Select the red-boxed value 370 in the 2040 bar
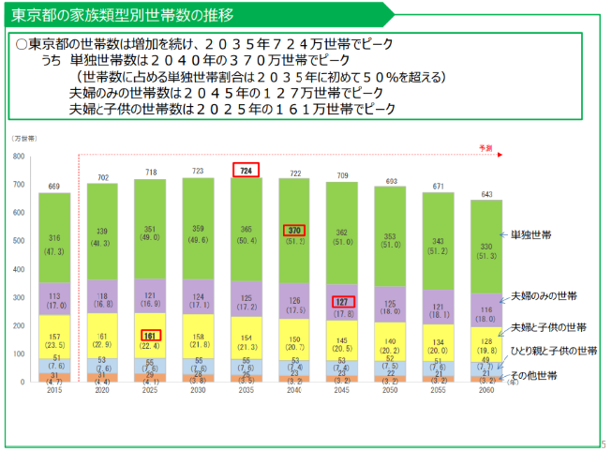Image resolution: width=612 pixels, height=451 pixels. [x=295, y=230]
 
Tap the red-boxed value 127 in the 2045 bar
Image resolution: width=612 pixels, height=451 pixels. [x=343, y=302]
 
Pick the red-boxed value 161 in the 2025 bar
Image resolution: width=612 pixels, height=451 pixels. [x=150, y=335]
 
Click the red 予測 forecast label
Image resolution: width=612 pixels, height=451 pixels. [x=485, y=147]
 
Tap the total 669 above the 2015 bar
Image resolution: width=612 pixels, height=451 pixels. [x=54, y=186]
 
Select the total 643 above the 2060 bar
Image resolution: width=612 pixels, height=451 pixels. [x=486, y=193]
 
